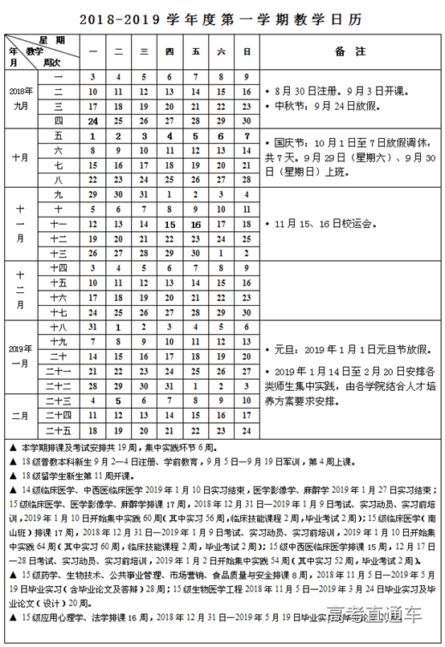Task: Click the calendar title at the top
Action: [222, 16]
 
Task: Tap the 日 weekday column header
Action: [247, 51]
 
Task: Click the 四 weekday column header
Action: [169, 51]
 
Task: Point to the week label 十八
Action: [58, 328]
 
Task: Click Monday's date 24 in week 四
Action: [92, 120]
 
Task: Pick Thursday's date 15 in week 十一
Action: [169, 224]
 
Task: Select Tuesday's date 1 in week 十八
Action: [118, 328]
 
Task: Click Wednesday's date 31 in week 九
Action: [144, 194]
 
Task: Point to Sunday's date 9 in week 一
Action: [247, 77]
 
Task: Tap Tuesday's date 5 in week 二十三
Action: [118, 400]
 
